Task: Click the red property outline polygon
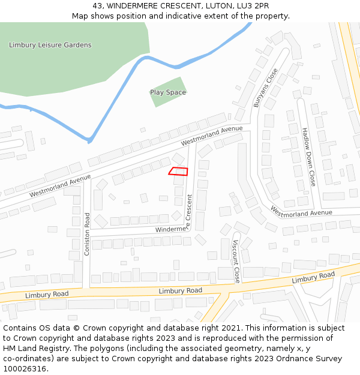click(x=178, y=171)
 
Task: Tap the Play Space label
click(x=168, y=92)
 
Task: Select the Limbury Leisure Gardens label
click(x=50, y=45)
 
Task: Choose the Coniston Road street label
click(x=87, y=234)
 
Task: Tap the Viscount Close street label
click(x=236, y=262)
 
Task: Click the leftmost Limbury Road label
click(x=47, y=295)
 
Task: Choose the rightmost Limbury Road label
click(x=313, y=278)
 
